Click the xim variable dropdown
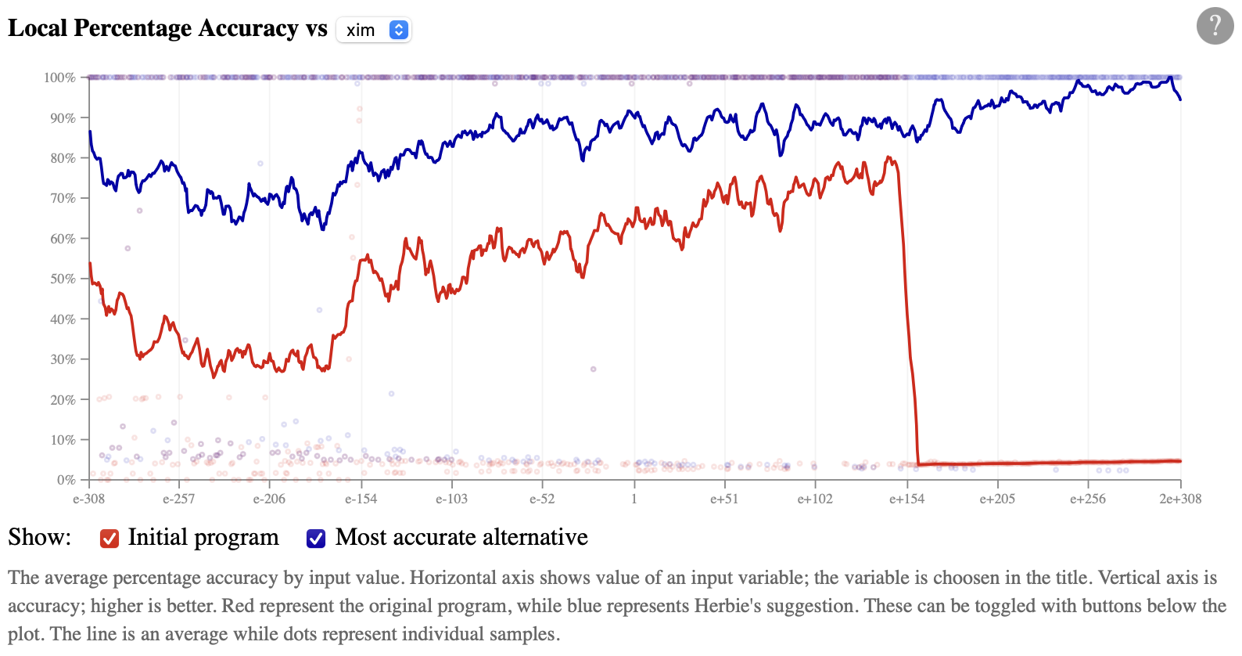click(x=374, y=30)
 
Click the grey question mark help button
click(x=1215, y=26)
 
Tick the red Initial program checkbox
click(x=109, y=539)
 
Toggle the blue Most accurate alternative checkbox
click(x=316, y=539)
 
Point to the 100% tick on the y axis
click(x=60, y=77)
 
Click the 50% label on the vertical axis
click(x=63, y=279)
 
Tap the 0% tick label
click(x=66, y=480)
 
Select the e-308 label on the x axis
click(x=88, y=499)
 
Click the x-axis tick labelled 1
click(x=634, y=499)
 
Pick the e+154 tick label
click(x=906, y=499)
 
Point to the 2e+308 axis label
click(x=1180, y=499)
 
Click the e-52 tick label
click(x=542, y=499)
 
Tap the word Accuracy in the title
click(x=248, y=28)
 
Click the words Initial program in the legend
click(x=203, y=537)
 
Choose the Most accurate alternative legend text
click(x=461, y=537)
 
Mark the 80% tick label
click(x=63, y=158)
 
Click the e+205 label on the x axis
click(x=997, y=499)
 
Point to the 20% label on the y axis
click(x=63, y=399)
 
